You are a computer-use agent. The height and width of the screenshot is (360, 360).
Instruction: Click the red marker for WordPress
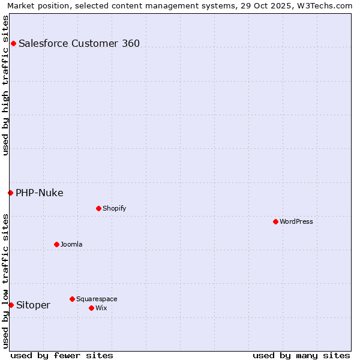(x=275, y=221)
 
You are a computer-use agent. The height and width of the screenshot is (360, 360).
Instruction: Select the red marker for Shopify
(x=98, y=208)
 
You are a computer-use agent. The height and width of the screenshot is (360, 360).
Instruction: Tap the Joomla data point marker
(x=56, y=244)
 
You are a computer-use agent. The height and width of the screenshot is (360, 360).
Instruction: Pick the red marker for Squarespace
(x=72, y=299)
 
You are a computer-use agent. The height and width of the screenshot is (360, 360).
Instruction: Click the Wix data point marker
(x=91, y=308)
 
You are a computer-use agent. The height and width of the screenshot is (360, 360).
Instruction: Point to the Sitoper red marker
(x=11, y=305)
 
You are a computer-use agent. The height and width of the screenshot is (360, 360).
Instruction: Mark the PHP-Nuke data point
(x=10, y=193)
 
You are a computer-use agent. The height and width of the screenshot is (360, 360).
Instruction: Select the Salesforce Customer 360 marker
(x=13, y=43)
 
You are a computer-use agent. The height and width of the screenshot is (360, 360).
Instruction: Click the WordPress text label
(x=296, y=221)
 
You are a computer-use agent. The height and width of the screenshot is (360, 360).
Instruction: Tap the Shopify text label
(x=114, y=208)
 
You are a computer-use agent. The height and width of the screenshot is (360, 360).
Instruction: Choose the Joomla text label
(x=71, y=244)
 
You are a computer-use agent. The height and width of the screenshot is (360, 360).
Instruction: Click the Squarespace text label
(x=97, y=299)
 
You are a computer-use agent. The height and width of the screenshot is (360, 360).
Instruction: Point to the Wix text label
(x=101, y=308)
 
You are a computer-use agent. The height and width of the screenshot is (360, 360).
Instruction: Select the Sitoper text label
(x=33, y=305)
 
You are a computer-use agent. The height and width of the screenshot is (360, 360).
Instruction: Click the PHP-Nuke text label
(x=40, y=193)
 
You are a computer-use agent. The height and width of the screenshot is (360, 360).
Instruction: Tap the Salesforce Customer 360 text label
(x=79, y=43)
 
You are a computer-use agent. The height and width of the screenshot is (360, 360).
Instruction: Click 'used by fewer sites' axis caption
(x=62, y=355)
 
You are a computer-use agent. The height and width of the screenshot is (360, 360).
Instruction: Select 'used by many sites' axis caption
(x=301, y=355)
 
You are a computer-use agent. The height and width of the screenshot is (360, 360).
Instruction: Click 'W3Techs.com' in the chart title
(x=328, y=5)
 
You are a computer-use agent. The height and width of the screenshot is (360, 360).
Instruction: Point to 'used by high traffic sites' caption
(x=5, y=85)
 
